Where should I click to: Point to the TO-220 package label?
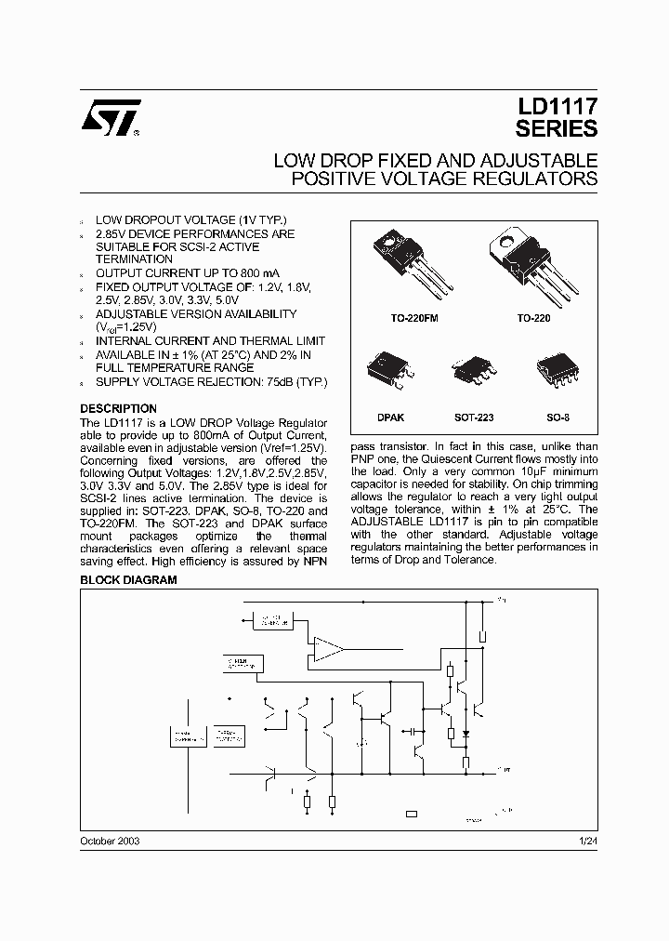pyautogui.click(x=534, y=317)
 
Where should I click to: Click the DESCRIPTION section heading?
pyautogui.click(x=118, y=408)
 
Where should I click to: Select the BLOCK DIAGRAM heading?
pyautogui.click(x=128, y=579)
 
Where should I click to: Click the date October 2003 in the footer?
pyautogui.click(x=111, y=840)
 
